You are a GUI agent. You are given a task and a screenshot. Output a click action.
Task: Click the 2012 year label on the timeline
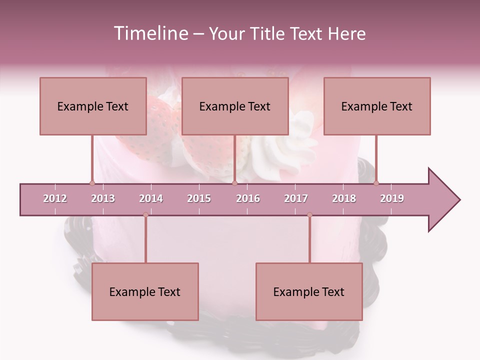55,198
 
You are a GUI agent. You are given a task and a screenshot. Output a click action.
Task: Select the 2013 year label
103,198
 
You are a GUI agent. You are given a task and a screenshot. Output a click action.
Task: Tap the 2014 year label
151,198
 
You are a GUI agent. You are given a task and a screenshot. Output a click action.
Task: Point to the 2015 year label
199,198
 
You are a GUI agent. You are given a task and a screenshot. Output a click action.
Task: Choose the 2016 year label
248,198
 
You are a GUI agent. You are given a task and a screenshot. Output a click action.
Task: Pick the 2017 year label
296,198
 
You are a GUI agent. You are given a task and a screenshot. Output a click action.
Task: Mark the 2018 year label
344,198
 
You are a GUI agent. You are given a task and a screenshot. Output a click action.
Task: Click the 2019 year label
392,198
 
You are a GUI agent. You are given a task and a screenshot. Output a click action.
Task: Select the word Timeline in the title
150,33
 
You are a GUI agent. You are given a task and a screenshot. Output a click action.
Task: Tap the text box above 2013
93,106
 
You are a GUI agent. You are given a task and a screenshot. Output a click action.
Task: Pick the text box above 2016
235,106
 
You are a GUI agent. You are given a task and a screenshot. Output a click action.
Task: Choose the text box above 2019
377,106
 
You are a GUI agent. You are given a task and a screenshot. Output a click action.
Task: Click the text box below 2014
145,291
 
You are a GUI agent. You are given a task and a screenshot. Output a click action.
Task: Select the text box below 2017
309,291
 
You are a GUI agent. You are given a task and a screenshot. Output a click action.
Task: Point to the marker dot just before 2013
92,183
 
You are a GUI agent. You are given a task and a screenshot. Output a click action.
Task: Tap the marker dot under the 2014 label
145,215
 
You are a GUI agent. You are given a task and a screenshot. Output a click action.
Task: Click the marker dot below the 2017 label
309,215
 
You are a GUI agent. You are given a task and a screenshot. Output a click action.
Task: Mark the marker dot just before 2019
376,183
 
